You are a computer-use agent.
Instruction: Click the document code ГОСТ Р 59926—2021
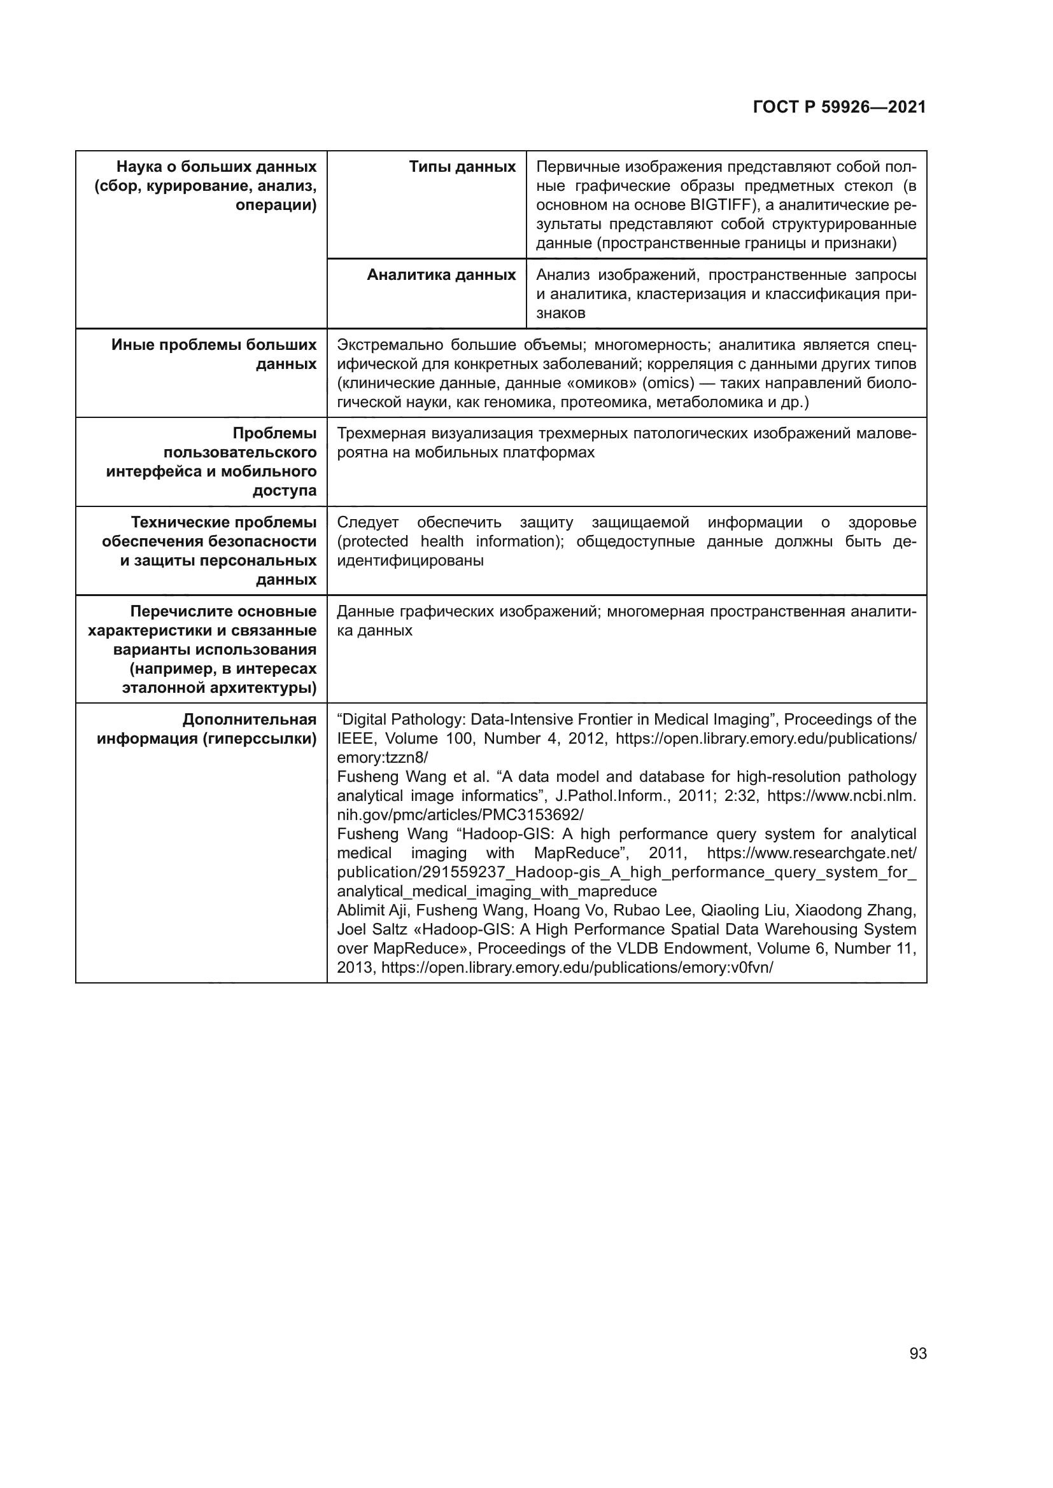click(839, 108)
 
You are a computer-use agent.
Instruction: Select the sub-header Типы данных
click(462, 167)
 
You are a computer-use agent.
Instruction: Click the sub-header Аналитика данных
click(441, 275)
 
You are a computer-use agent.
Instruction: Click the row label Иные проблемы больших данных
click(214, 354)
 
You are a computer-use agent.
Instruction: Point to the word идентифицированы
click(410, 560)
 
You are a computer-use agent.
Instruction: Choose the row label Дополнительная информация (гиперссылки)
click(206, 729)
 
